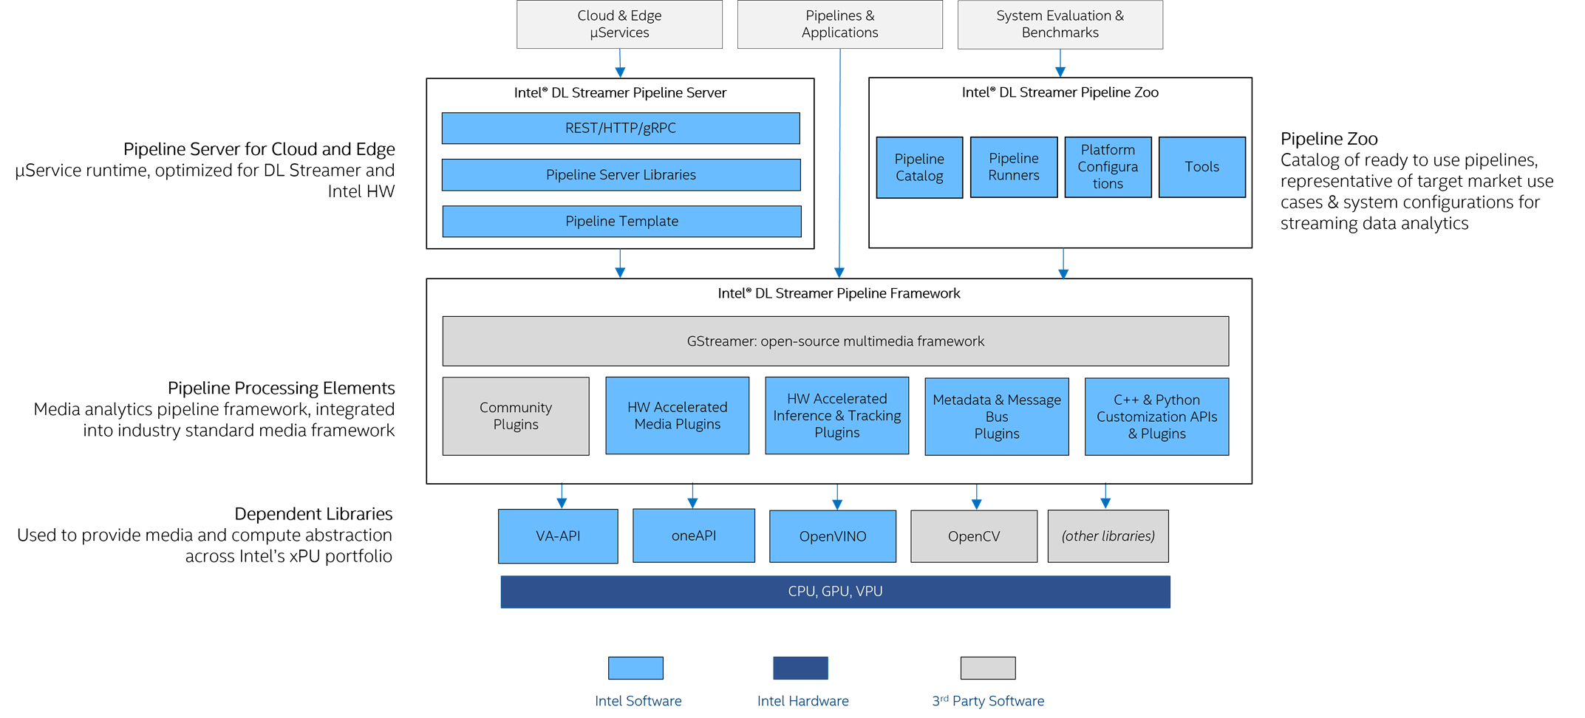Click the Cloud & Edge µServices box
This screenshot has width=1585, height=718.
point(619,24)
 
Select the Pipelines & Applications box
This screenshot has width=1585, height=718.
point(839,24)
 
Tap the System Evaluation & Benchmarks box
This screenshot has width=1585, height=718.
point(1060,24)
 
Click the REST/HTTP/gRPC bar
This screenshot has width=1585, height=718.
point(621,128)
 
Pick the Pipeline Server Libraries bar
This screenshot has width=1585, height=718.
point(621,175)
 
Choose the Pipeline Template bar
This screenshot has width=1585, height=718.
point(621,222)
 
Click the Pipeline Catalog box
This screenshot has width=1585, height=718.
point(919,168)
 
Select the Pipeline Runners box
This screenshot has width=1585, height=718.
point(1013,167)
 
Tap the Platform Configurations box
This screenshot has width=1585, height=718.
point(1108,167)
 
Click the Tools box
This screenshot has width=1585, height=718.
point(1201,167)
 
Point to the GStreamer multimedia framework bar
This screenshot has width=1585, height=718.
point(835,341)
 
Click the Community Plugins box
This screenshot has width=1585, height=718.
point(516,416)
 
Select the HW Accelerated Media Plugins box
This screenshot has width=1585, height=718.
point(677,416)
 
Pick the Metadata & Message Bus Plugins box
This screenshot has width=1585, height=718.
point(996,417)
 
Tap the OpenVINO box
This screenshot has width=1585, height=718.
point(832,536)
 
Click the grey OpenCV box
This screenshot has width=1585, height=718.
point(973,536)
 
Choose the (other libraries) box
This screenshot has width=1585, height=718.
point(1108,536)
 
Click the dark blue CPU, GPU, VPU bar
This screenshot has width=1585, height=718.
point(835,592)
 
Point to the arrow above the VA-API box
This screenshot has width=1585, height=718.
point(562,496)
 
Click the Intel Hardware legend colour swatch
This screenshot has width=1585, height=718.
point(800,668)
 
